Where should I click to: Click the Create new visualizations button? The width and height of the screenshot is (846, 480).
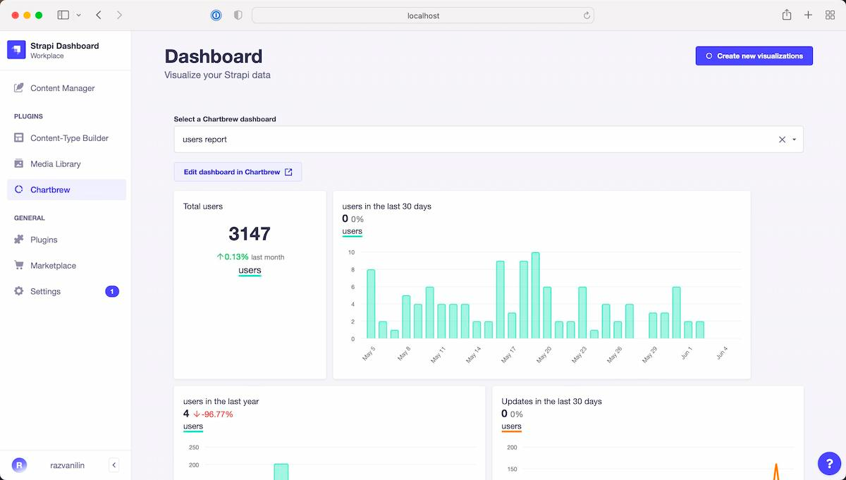click(754, 56)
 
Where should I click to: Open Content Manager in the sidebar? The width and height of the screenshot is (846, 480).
click(62, 88)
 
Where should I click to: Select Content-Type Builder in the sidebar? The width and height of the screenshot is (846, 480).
click(69, 138)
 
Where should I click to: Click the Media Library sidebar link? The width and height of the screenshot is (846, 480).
click(55, 164)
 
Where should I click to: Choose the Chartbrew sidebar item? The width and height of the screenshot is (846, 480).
click(50, 190)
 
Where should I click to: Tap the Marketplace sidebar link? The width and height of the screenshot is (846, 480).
click(53, 266)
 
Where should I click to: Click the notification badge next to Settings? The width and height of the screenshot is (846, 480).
click(111, 291)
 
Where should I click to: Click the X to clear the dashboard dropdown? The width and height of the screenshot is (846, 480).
click(782, 140)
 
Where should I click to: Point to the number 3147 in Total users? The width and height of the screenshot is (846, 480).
click(250, 234)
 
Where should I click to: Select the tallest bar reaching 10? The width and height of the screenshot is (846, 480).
click(535, 295)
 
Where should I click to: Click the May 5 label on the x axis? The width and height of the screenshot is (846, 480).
click(369, 353)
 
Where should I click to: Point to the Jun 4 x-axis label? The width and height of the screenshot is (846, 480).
click(722, 353)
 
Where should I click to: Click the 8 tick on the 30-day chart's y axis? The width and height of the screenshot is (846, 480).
click(352, 269)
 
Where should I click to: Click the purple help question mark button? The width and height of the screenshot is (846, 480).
click(829, 463)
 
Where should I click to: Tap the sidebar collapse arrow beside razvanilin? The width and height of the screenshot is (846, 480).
click(114, 464)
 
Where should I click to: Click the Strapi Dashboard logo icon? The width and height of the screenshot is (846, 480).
click(16, 49)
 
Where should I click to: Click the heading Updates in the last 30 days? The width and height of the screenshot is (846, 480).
click(551, 401)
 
